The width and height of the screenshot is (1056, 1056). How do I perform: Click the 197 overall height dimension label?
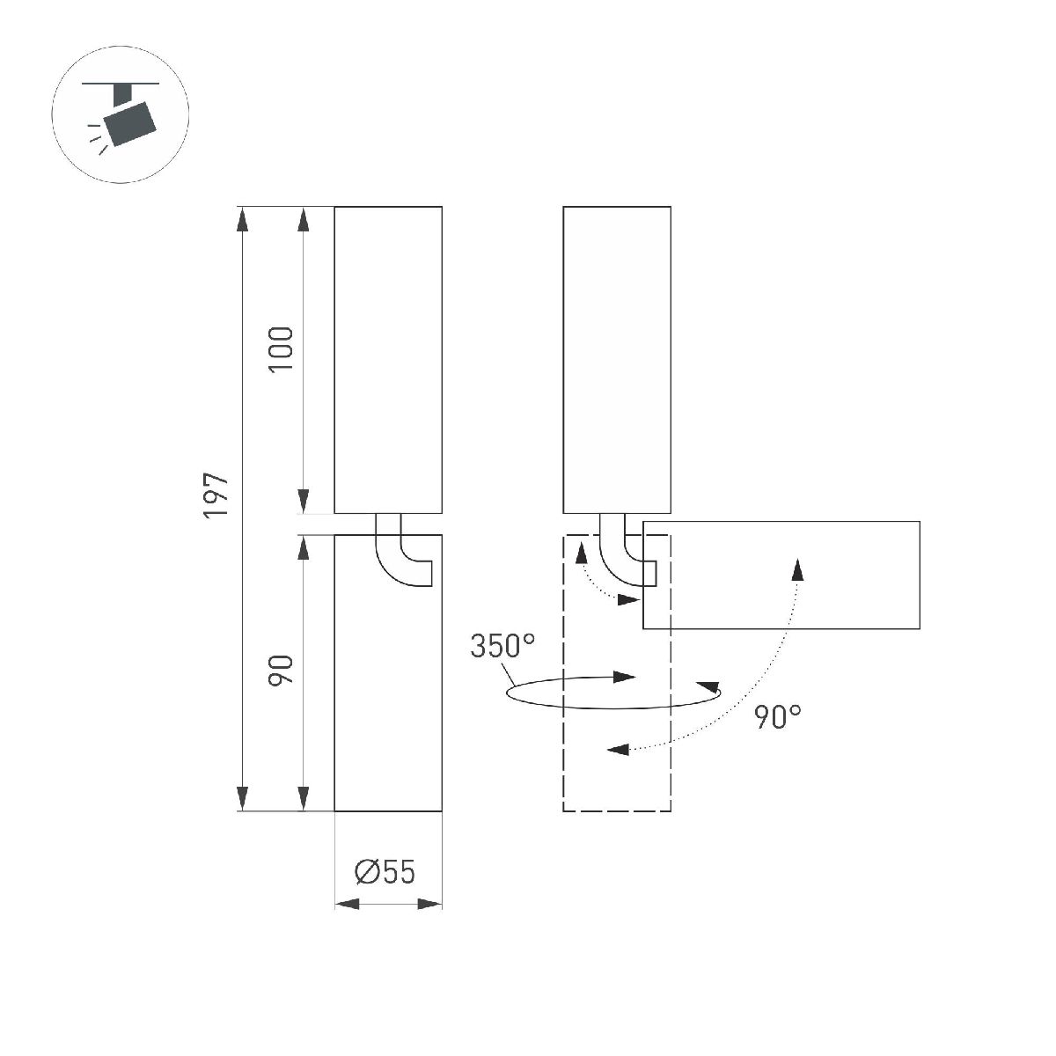click(x=216, y=495)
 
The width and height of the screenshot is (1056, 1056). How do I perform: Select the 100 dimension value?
click(x=281, y=348)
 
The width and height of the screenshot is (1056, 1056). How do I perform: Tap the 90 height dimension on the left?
click(x=281, y=671)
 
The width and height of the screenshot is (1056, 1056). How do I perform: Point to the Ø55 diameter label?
click(x=385, y=872)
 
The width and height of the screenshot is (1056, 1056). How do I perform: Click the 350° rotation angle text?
click(x=502, y=647)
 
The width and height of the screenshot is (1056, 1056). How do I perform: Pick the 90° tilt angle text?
click(x=778, y=717)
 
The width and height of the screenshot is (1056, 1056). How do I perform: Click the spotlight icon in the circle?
click(x=121, y=120)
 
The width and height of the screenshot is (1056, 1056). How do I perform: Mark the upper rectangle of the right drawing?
click(x=617, y=359)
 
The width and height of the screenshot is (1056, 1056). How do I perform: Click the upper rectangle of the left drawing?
click(x=388, y=359)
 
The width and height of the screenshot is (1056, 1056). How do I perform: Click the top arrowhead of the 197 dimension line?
click(x=242, y=218)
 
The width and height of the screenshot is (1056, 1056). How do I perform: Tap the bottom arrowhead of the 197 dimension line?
click(x=242, y=799)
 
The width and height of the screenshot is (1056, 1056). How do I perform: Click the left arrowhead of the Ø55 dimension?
click(x=348, y=904)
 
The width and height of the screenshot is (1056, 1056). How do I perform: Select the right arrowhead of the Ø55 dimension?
click(x=429, y=904)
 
